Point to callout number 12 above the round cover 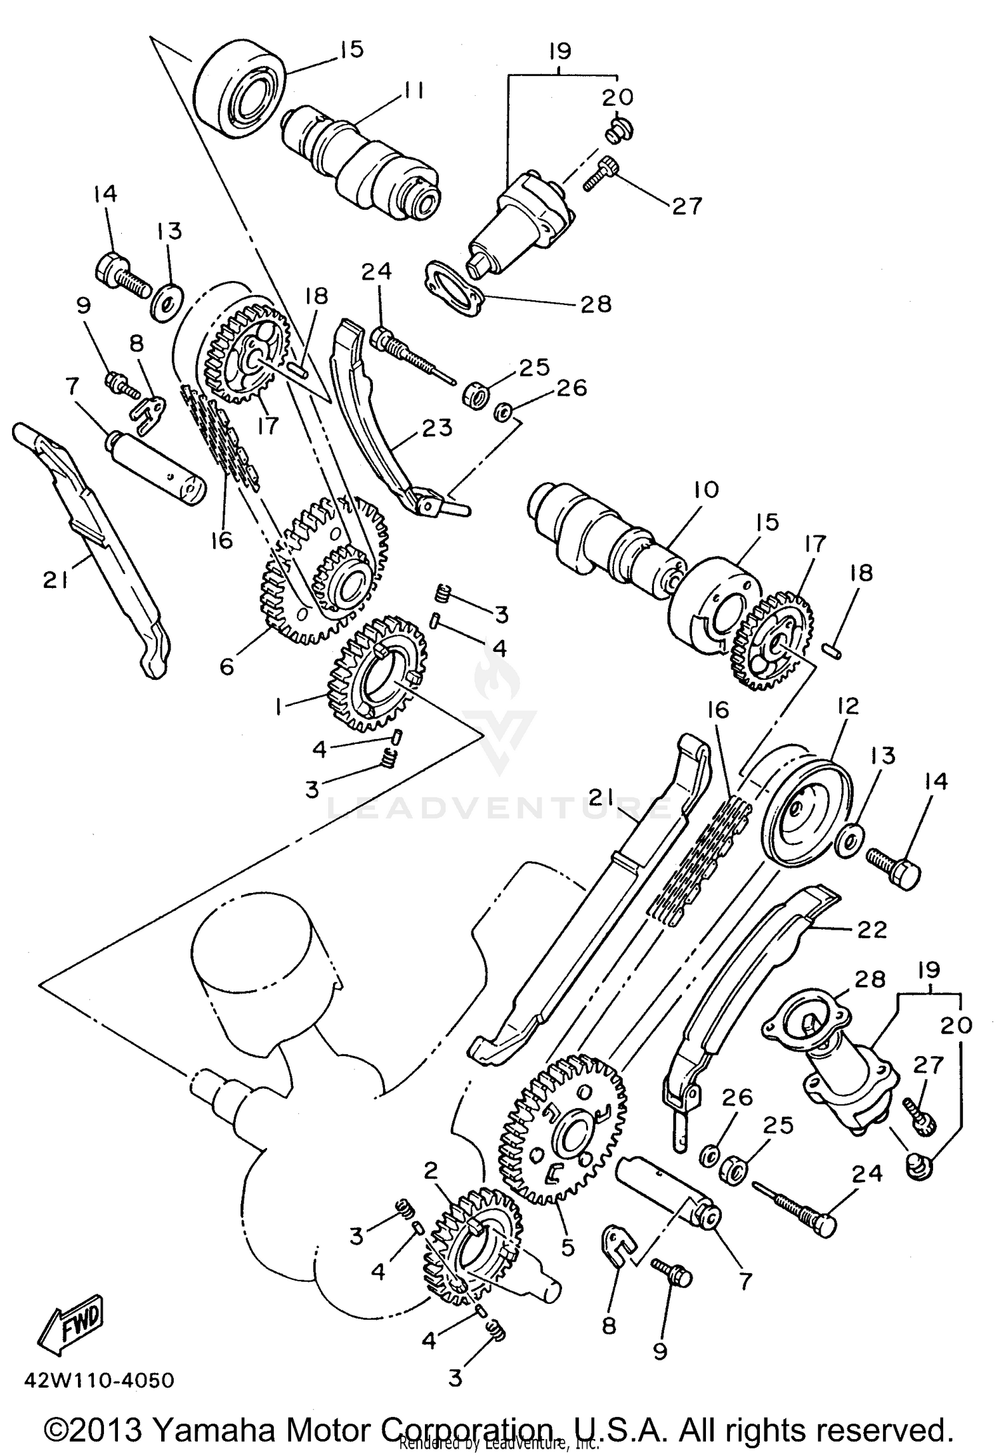[x=848, y=706]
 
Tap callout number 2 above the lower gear [x=431, y=1170]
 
